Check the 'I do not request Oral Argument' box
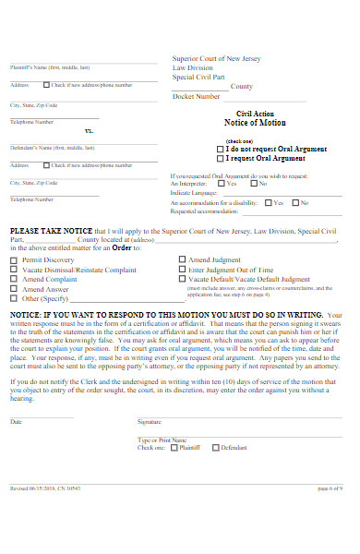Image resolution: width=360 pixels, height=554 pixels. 219,149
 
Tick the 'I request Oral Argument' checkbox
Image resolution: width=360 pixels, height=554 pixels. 219,157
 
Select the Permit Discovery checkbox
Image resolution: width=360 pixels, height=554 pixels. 14,260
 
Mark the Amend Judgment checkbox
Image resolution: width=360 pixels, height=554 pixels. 182,260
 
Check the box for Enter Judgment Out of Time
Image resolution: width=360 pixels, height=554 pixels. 182,270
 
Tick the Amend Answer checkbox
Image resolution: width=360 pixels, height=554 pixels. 14,289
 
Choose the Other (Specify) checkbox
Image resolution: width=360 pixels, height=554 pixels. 14,298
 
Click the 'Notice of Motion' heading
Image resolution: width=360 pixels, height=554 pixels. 255,122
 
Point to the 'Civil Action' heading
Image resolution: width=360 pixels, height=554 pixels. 256,113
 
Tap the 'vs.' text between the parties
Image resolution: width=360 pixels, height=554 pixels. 90,131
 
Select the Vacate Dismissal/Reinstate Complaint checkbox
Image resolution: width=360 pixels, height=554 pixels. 14,270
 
